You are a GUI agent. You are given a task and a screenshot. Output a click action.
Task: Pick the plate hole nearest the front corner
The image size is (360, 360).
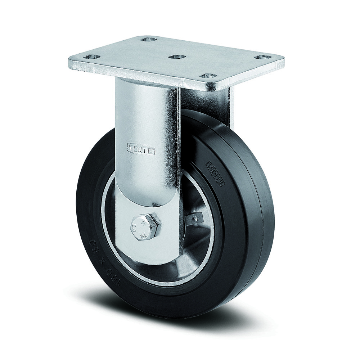[x=208, y=76]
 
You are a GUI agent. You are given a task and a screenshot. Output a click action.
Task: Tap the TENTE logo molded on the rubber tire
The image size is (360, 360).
[x=215, y=175]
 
